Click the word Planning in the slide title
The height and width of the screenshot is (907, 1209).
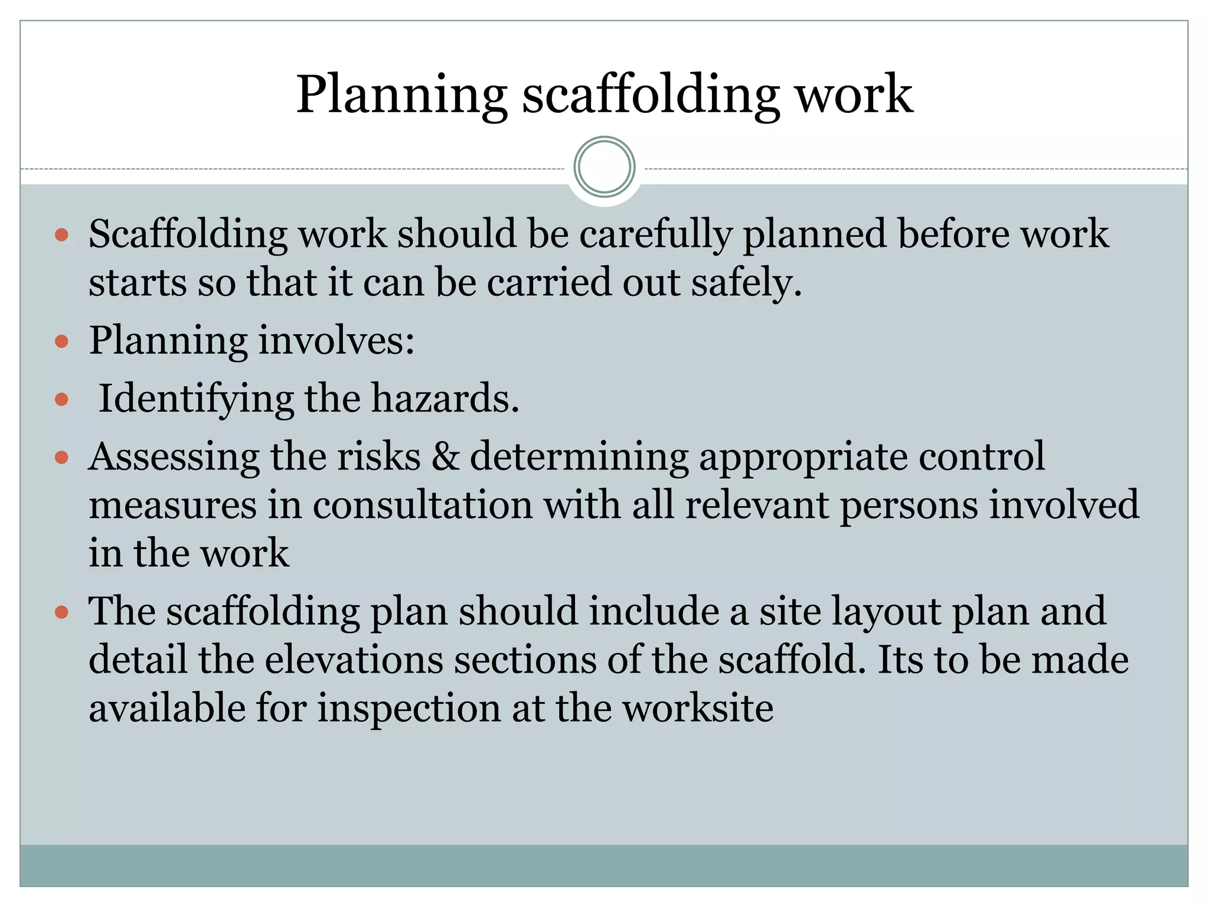(401, 96)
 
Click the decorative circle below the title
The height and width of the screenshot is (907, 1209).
(604, 167)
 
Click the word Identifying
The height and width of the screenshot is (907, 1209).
(195, 400)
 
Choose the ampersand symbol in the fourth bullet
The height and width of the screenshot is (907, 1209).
(446, 456)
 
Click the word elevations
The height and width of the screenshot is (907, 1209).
(354, 660)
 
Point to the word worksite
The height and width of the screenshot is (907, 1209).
(698, 708)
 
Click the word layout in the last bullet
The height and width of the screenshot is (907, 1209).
(886, 612)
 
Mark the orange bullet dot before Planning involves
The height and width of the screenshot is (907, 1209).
(61, 341)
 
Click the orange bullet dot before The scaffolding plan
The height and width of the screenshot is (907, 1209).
(61, 612)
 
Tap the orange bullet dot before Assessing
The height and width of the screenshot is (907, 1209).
(61, 457)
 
